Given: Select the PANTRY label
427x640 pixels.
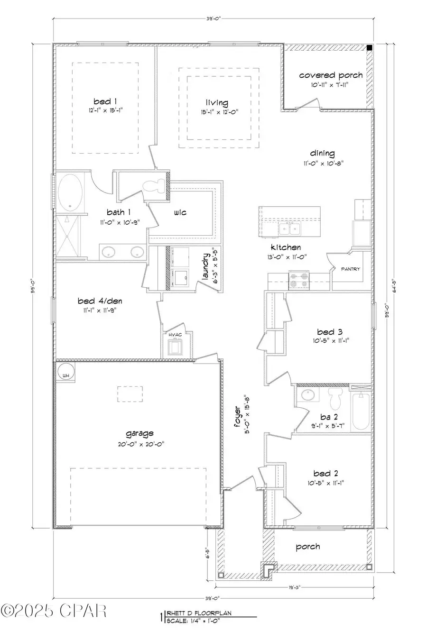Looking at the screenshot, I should [351, 269].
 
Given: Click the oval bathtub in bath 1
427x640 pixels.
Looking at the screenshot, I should [70, 193].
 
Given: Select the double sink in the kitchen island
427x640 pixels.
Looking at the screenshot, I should [289, 229].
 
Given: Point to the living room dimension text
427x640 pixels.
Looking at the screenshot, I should [217, 112].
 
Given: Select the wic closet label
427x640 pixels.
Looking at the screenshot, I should [180, 212].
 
